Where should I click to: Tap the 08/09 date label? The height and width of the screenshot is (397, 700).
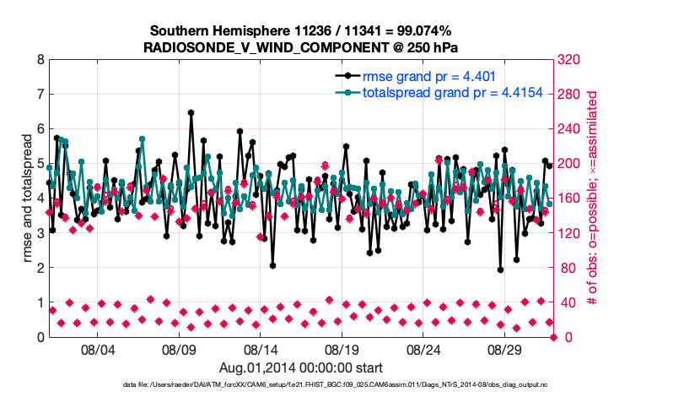(179, 349)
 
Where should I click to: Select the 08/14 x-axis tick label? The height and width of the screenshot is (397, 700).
(261, 349)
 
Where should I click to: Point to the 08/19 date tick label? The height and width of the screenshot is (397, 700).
(342, 349)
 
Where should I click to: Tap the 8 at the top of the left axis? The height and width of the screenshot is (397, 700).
(40, 60)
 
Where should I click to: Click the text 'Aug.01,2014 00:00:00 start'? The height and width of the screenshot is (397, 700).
(301, 367)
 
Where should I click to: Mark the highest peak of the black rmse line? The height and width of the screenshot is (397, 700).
(191, 112)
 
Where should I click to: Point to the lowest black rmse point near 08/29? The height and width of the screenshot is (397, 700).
(500, 270)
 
